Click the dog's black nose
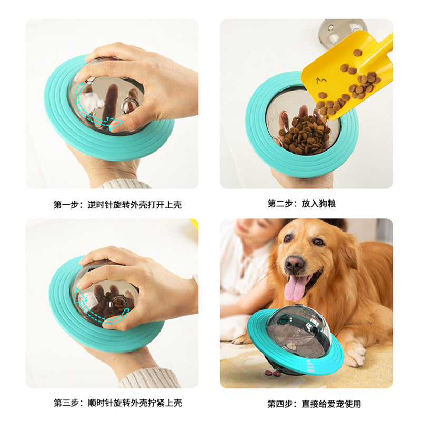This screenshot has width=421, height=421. [295, 263]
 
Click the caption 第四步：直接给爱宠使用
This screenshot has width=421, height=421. [314, 404]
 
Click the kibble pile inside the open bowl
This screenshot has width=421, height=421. [304, 134]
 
